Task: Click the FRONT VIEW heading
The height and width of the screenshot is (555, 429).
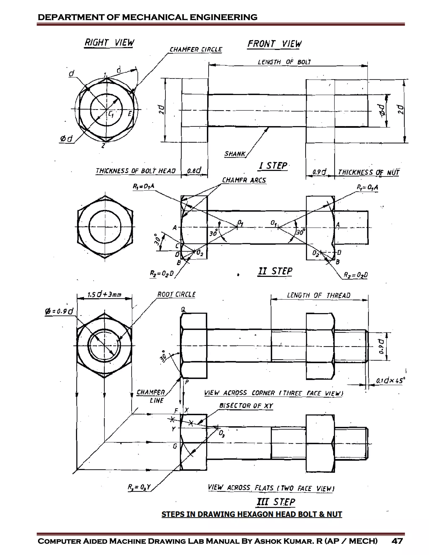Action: (274, 44)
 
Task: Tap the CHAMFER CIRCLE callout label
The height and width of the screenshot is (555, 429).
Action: (195, 50)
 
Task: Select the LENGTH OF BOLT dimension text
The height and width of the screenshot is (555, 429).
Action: (284, 62)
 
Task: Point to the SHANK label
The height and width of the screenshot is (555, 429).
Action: (235, 154)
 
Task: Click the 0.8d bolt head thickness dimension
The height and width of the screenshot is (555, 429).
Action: (194, 170)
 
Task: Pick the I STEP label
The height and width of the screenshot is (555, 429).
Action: (273, 166)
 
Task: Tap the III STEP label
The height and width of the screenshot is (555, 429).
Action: (276, 502)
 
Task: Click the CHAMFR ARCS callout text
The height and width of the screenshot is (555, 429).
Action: (244, 180)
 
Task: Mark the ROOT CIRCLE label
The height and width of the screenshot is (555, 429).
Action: (176, 294)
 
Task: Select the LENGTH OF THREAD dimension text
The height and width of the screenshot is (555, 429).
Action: (318, 295)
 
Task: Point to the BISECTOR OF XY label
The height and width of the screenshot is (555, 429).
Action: (246, 406)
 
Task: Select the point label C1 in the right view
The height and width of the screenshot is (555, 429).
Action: (111, 114)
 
